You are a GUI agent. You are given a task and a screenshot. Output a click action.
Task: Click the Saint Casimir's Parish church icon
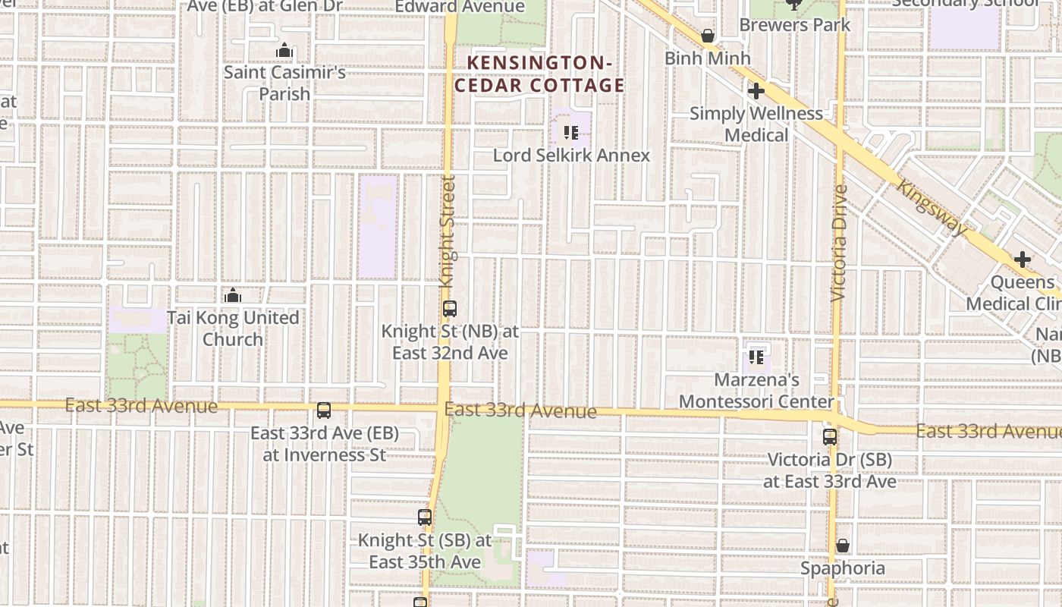[284, 51]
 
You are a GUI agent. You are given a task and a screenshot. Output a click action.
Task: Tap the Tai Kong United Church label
[233, 328]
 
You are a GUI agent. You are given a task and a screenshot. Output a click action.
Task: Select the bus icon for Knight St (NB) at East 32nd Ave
[450, 309]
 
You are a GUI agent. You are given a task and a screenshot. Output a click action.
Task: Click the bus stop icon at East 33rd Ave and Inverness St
[324, 410]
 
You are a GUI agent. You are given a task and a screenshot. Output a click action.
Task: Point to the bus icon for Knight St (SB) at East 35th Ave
[425, 517]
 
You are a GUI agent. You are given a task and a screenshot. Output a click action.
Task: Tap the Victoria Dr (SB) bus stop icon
[830, 437]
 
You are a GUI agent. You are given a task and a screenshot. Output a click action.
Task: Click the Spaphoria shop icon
[842, 546]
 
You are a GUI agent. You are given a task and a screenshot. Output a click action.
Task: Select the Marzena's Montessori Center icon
[756, 357]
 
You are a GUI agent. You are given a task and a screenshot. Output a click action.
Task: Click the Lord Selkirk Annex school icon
[571, 134]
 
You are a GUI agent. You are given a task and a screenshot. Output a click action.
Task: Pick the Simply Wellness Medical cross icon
[756, 91]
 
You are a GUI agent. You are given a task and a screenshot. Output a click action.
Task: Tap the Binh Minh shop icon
[708, 36]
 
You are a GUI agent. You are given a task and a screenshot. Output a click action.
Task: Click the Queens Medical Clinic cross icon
[1023, 259]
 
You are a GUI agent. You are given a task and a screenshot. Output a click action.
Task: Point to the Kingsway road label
[932, 207]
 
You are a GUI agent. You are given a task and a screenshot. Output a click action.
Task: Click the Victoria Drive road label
[839, 243]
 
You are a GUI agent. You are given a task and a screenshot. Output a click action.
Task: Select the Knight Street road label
[448, 231]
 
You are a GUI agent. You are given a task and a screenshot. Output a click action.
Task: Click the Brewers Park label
[794, 24]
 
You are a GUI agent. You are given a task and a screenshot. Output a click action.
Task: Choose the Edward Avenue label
[460, 7]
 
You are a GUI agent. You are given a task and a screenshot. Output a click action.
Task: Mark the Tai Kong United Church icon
[233, 295]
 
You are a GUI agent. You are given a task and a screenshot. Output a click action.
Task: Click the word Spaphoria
[842, 568]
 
